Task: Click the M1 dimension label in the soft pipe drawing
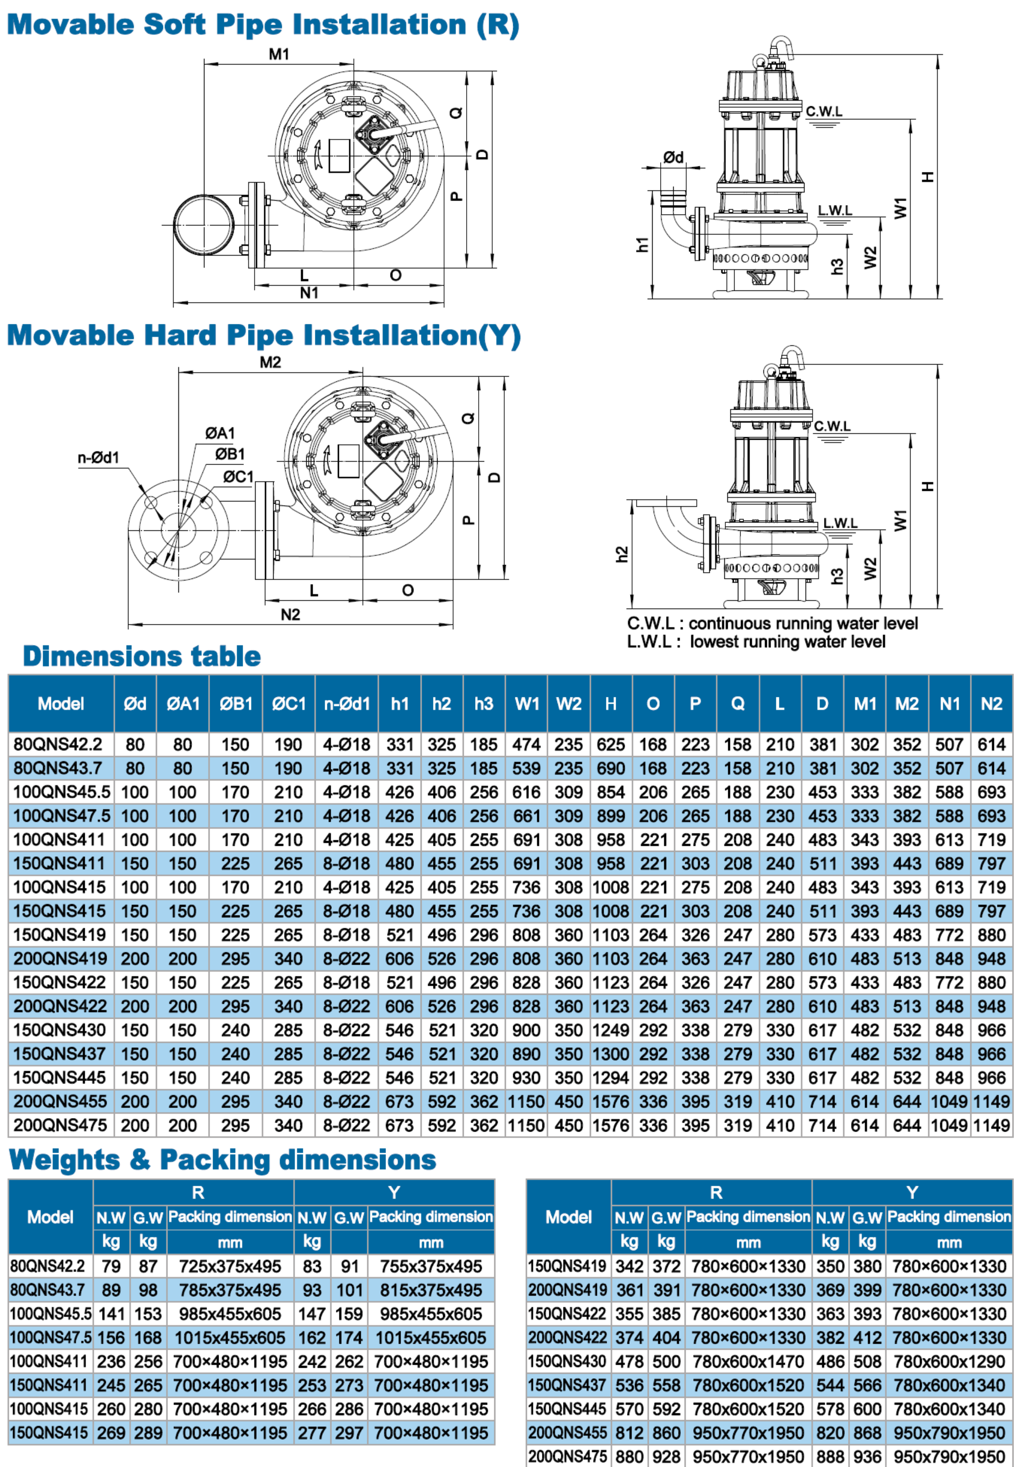279,54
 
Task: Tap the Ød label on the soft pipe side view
674,157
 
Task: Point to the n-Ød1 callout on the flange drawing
98,457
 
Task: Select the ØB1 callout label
230,454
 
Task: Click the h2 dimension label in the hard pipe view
622,554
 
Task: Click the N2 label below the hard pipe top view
290,614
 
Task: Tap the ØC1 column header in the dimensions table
288,704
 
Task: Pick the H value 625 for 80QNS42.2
611,744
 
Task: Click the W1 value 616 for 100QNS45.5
527,792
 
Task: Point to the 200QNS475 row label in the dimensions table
60,1125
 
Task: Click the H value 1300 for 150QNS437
611,1054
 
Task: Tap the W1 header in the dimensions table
527,704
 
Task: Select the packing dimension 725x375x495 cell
230,1266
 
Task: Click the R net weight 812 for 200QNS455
629,1433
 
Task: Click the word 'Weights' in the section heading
64,1160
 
